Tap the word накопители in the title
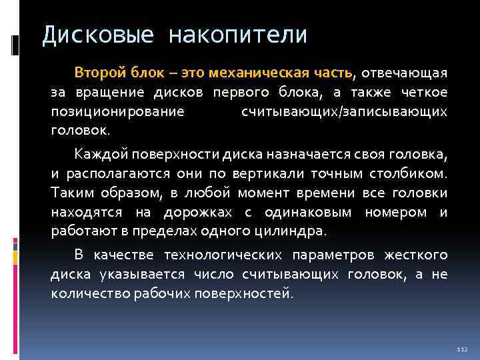tap(239, 35)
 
